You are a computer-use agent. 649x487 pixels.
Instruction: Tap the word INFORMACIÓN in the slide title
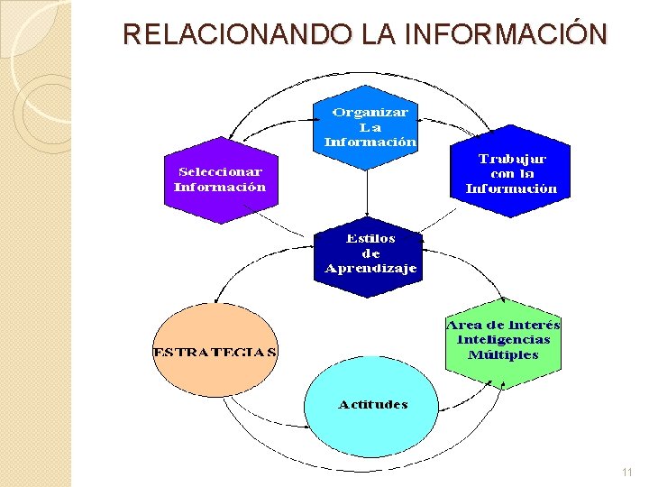point(507,35)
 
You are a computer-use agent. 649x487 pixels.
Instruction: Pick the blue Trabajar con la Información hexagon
point(511,173)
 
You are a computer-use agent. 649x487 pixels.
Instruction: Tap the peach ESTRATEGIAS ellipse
point(215,350)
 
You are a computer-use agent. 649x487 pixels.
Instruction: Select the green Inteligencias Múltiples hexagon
point(503,340)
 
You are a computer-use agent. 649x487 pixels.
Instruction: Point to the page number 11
point(627,473)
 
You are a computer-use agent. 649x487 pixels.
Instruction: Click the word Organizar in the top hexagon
point(370,113)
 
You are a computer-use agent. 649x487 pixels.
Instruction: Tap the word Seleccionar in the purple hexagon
point(220,171)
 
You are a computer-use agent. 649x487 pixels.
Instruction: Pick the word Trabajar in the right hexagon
point(512,158)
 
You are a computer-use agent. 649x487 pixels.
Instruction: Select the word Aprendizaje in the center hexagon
point(370,269)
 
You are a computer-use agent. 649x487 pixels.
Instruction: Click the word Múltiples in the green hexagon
point(503,354)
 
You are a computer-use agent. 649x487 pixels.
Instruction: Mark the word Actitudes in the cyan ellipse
point(372,404)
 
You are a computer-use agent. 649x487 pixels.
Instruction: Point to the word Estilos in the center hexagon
point(370,239)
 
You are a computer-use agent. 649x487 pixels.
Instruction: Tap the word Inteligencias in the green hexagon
point(503,339)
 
